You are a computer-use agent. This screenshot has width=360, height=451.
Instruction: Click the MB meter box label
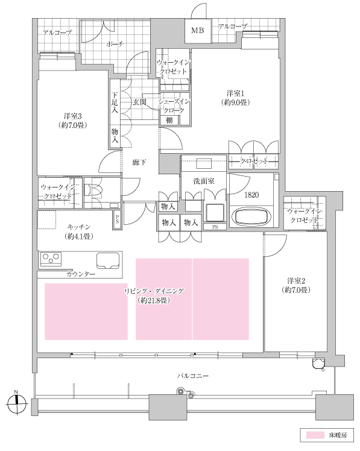click(x=197, y=30)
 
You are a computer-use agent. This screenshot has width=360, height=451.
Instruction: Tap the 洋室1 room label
click(x=235, y=93)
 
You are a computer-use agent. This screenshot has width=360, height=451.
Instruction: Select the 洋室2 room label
click(x=296, y=281)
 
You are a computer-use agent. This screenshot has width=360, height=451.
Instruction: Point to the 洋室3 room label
click(x=73, y=116)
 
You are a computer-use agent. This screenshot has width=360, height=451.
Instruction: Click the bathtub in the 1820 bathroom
click(x=251, y=217)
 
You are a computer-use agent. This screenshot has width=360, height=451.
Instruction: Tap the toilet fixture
click(x=93, y=190)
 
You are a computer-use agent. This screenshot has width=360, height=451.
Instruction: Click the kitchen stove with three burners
click(x=51, y=257)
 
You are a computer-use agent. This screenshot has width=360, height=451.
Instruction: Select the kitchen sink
click(x=108, y=260)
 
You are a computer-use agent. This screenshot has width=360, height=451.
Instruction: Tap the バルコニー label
click(x=193, y=376)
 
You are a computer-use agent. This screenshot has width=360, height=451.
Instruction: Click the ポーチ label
click(x=115, y=44)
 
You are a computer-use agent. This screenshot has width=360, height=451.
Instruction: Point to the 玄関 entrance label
click(x=139, y=102)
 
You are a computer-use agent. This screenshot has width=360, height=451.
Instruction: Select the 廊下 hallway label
click(x=139, y=163)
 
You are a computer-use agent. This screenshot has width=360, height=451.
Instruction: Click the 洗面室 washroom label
click(x=204, y=181)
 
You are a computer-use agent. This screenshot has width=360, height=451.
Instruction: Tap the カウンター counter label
click(x=81, y=274)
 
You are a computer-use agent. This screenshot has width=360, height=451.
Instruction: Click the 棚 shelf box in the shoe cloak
click(x=169, y=120)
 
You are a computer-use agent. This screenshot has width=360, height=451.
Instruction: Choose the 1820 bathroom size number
click(x=251, y=195)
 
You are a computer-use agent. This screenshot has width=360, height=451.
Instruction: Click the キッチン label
click(x=78, y=227)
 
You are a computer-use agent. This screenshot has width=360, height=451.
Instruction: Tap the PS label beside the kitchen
click(x=117, y=219)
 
